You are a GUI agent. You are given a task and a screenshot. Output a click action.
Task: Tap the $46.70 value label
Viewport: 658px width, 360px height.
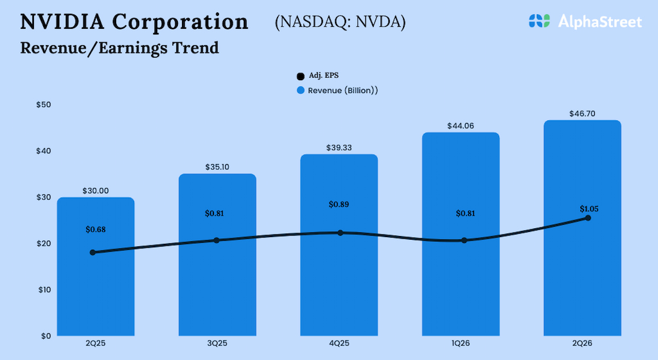pyautogui.click(x=582, y=114)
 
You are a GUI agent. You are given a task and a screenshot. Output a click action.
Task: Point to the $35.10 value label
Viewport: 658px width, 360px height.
pyautogui.click(x=217, y=167)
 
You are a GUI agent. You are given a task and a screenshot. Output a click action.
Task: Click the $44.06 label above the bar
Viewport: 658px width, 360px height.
pyautogui.click(x=461, y=126)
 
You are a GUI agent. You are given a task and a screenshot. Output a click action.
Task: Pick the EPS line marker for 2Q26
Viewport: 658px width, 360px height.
pyautogui.click(x=588, y=218)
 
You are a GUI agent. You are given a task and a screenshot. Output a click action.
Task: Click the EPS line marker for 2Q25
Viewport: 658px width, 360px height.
pyautogui.click(x=93, y=253)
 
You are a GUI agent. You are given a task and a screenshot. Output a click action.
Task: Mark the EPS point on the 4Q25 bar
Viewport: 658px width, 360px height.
pyautogui.click(x=340, y=233)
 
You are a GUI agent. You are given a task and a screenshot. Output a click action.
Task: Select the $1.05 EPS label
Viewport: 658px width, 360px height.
pyautogui.click(x=589, y=209)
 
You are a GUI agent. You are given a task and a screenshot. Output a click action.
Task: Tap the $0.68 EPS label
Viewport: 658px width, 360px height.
pyautogui.click(x=96, y=229)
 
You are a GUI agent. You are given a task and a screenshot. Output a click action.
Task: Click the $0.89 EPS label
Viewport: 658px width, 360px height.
pyautogui.click(x=339, y=204)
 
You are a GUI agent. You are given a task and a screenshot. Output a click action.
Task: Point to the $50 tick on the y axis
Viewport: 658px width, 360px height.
pyautogui.click(x=44, y=104)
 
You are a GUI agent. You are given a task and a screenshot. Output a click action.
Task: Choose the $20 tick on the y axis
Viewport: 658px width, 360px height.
pyautogui.click(x=44, y=243)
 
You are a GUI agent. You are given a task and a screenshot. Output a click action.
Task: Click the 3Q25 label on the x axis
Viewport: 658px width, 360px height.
pyautogui.click(x=217, y=343)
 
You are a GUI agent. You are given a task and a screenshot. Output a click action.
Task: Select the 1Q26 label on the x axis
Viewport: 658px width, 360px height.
pyautogui.click(x=461, y=343)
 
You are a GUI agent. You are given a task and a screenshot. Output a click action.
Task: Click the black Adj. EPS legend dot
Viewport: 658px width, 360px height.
pyautogui.click(x=301, y=77)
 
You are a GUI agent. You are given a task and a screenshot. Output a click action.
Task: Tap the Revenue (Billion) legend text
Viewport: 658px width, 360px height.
pyautogui.click(x=343, y=91)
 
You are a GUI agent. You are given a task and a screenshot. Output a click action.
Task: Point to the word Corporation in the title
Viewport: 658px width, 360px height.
pyautogui.click(x=180, y=22)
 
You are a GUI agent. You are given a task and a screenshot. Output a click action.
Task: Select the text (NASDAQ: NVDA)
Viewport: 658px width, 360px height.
pyautogui.click(x=340, y=23)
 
